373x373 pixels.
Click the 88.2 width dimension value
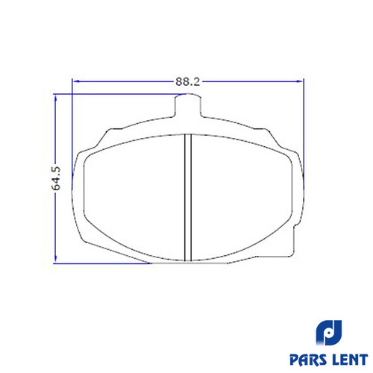[x=187, y=81]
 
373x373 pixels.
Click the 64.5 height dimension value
[x=56, y=178]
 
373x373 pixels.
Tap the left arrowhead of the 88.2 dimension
[x=77, y=81]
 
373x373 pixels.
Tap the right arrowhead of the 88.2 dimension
[x=300, y=81]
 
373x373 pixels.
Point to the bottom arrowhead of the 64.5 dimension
[x=55, y=258]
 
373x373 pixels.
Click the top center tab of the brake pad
[x=188, y=105]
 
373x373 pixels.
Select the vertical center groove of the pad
[x=188, y=198]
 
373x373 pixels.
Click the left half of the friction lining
[x=134, y=198]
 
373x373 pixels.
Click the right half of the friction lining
[x=242, y=198]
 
